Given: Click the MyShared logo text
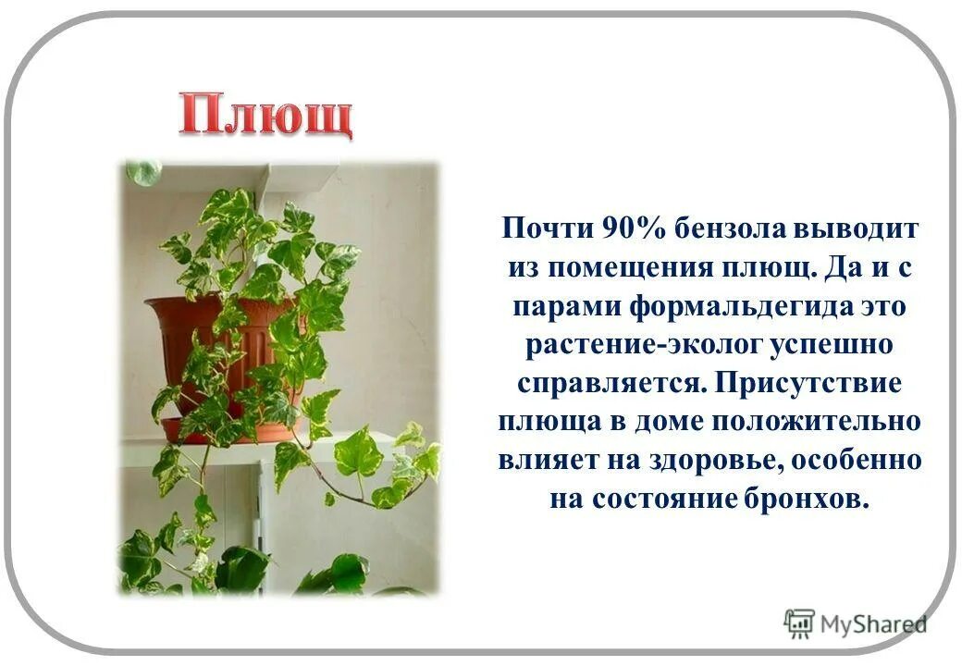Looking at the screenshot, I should click(873, 625).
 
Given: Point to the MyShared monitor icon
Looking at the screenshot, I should click(798, 623).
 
